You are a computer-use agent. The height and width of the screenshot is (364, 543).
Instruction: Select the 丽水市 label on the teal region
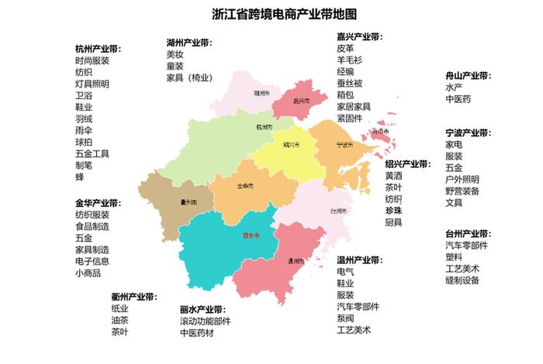[x=230, y=235]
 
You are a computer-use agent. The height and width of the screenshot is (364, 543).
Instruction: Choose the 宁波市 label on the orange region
[x=345, y=145]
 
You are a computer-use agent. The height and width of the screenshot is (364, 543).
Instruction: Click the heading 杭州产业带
[x=103, y=49]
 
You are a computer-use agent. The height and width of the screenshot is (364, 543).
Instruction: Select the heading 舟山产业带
[x=469, y=76]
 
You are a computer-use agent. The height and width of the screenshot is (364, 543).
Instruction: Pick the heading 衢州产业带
[x=133, y=297]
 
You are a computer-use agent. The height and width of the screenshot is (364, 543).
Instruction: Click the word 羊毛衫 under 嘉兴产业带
[x=350, y=60]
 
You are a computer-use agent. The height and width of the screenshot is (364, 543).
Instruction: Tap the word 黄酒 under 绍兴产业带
[x=394, y=176]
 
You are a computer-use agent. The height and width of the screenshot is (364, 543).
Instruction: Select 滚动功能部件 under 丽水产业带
[x=206, y=321]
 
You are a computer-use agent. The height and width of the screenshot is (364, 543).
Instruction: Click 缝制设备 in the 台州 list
[x=462, y=280]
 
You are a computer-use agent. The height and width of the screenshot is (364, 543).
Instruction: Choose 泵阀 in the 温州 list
[x=345, y=318]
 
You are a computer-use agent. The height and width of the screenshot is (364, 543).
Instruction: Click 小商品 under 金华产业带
[x=88, y=273]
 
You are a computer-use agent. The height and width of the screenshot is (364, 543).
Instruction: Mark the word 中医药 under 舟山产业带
[x=458, y=99]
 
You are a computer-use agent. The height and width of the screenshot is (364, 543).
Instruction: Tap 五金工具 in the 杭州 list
[x=92, y=153]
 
